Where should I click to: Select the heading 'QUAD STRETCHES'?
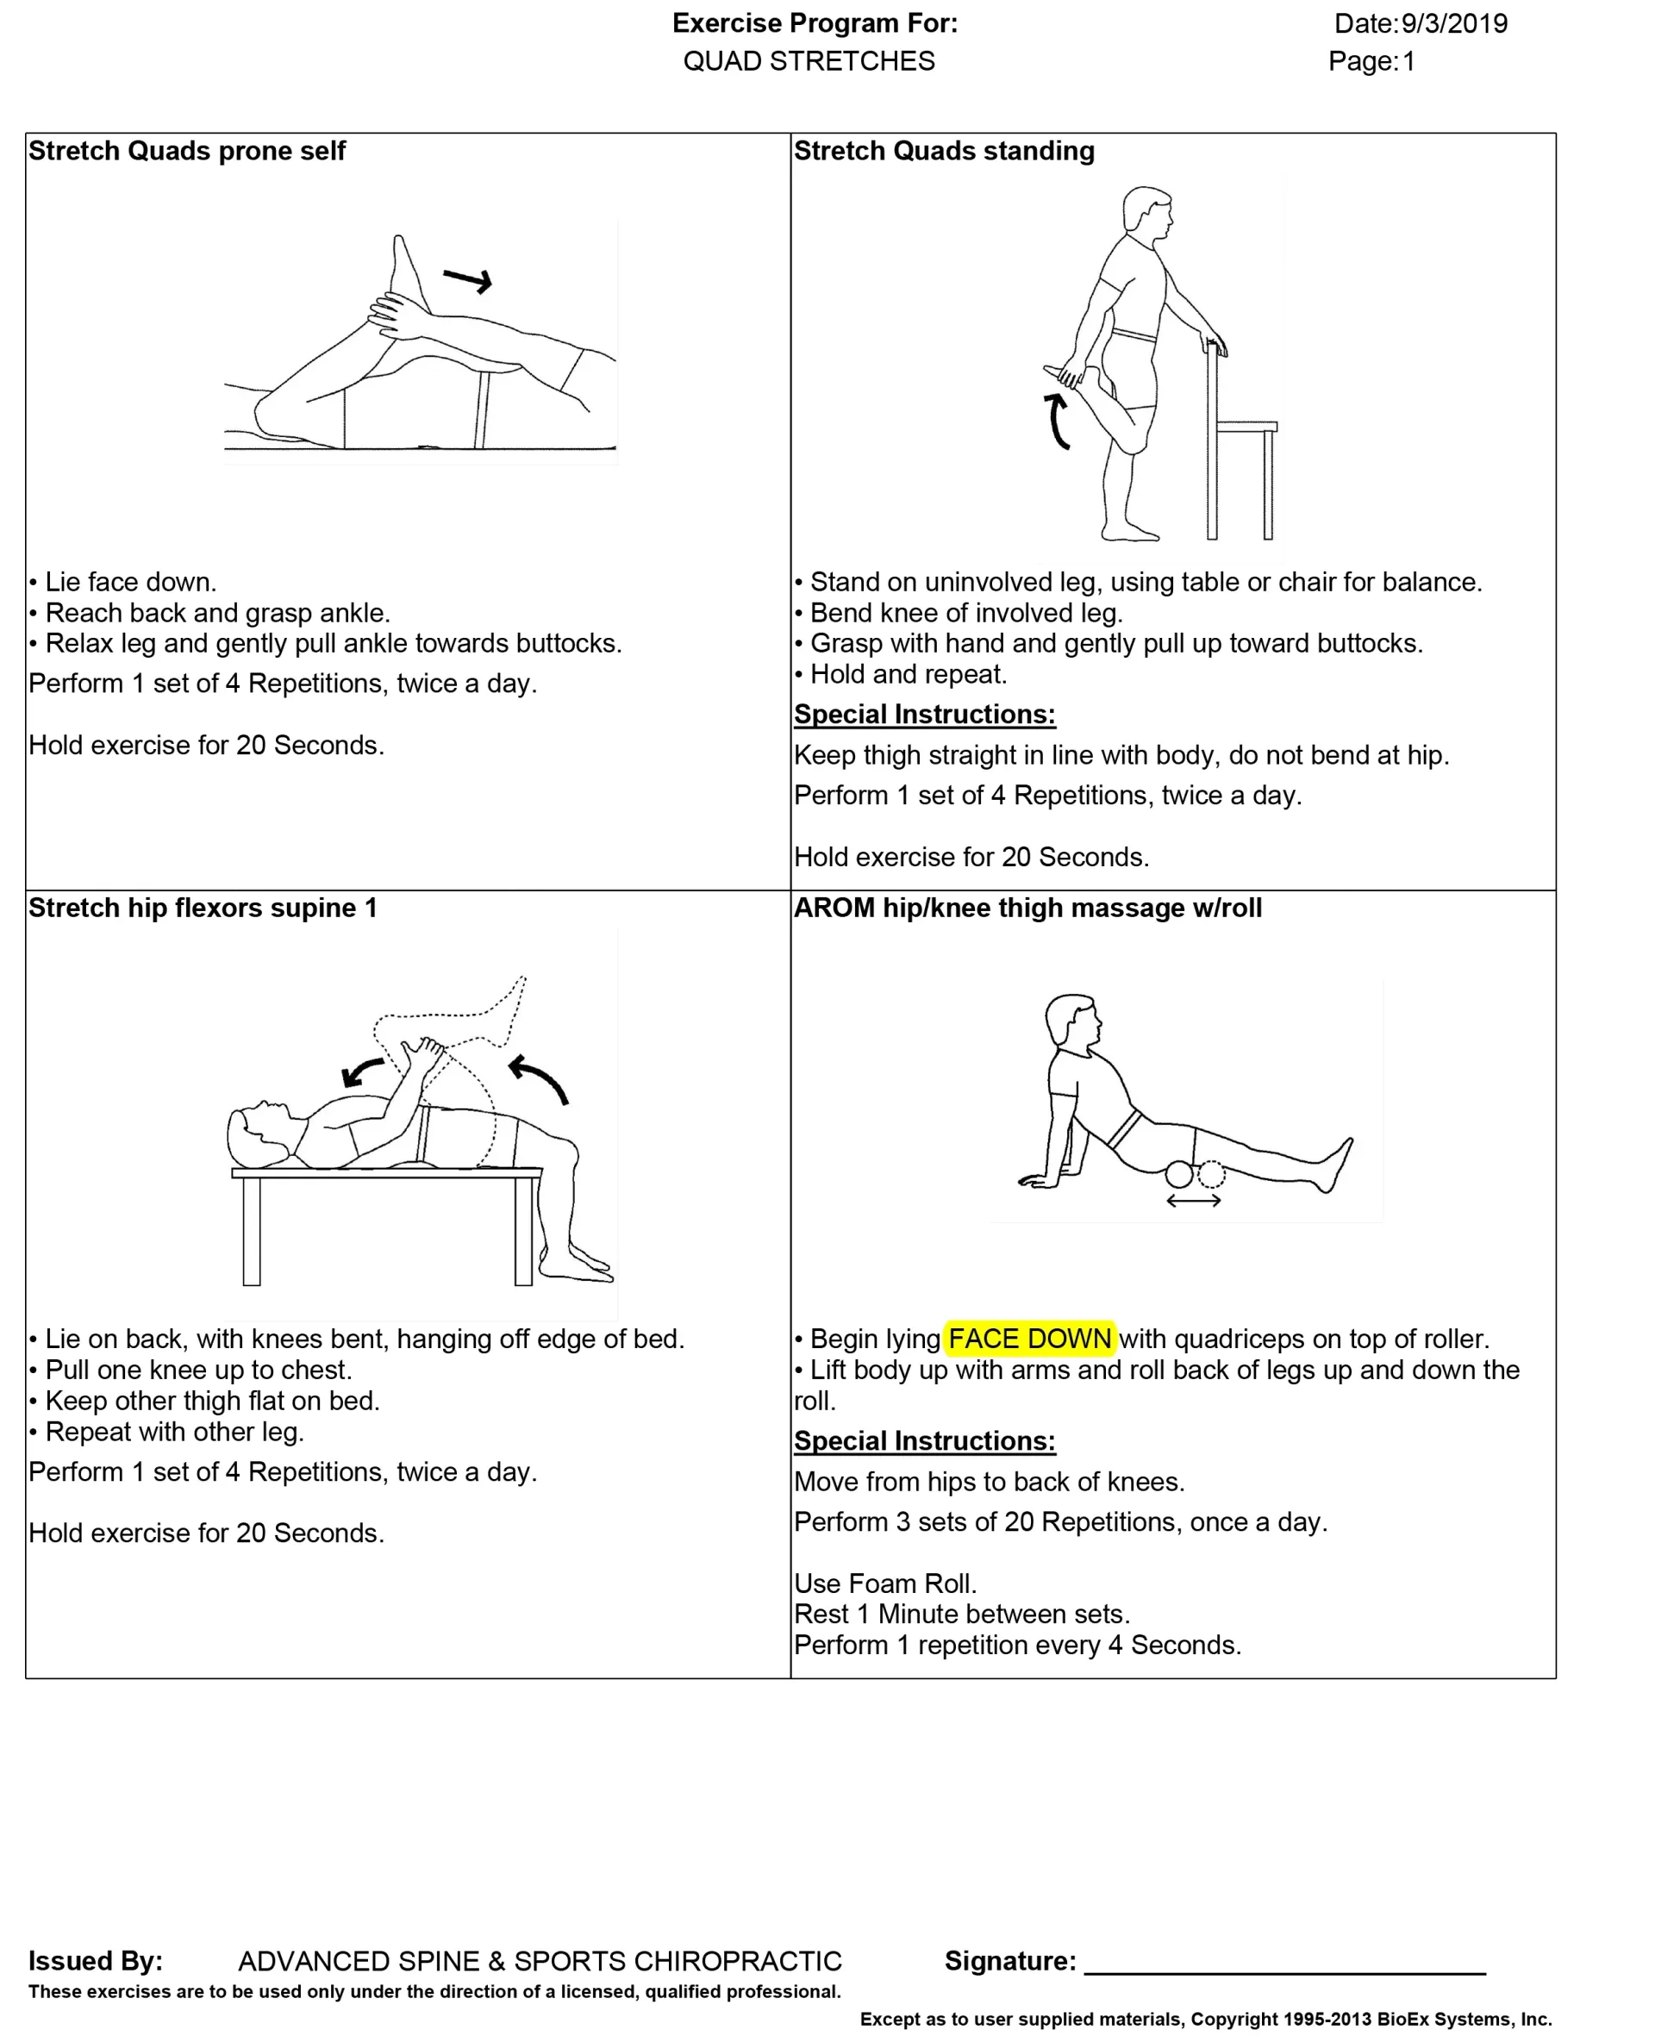[x=809, y=62]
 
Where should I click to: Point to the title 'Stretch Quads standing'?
[x=944, y=151]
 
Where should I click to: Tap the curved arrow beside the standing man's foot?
[x=1058, y=421]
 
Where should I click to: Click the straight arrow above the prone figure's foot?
[x=467, y=279]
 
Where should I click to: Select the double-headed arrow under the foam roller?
[x=1194, y=1201]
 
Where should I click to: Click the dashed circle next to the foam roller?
[x=1211, y=1173]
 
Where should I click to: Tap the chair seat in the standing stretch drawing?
[x=1247, y=426]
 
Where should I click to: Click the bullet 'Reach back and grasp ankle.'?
[x=217, y=613]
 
